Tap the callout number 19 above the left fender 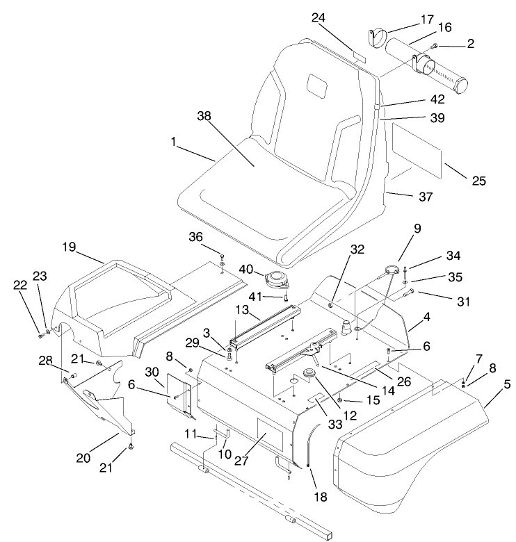[68, 247]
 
